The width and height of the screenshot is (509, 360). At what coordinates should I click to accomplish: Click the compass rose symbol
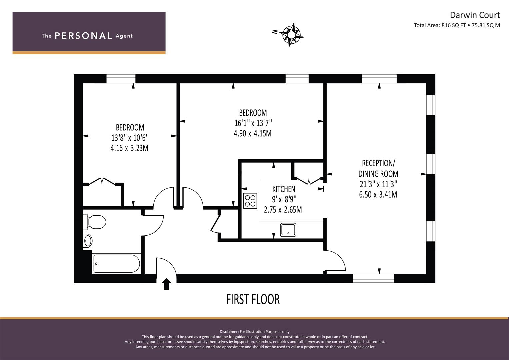tap(291, 34)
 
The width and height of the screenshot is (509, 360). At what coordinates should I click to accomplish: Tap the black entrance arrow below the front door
tap(166, 284)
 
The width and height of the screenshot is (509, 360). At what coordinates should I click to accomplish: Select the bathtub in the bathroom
tap(116, 264)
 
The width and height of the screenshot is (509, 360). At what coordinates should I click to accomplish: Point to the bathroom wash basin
tap(88, 241)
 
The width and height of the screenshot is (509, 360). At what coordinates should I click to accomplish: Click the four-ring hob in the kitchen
tap(250, 201)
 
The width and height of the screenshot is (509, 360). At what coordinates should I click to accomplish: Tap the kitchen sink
tap(288, 230)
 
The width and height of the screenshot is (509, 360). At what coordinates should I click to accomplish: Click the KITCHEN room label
tap(284, 189)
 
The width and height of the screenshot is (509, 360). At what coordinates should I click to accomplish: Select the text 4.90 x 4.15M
tap(253, 133)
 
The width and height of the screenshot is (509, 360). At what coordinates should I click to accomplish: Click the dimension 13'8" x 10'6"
tap(130, 138)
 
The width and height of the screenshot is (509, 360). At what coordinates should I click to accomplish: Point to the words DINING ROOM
tap(378, 174)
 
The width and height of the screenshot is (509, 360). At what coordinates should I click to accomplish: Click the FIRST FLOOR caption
tap(253, 299)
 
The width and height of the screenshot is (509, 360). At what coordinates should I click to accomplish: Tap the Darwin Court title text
tap(475, 15)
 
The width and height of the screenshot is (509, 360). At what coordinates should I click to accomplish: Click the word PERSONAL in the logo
tap(83, 36)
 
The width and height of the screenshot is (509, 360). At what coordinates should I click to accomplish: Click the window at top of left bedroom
tap(121, 79)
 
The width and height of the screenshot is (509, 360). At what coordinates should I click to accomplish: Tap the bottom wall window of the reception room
tap(373, 278)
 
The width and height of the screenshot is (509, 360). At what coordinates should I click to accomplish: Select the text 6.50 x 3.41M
tap(378, 195)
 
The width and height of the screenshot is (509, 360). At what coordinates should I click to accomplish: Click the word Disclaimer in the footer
tap(229, 332)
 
